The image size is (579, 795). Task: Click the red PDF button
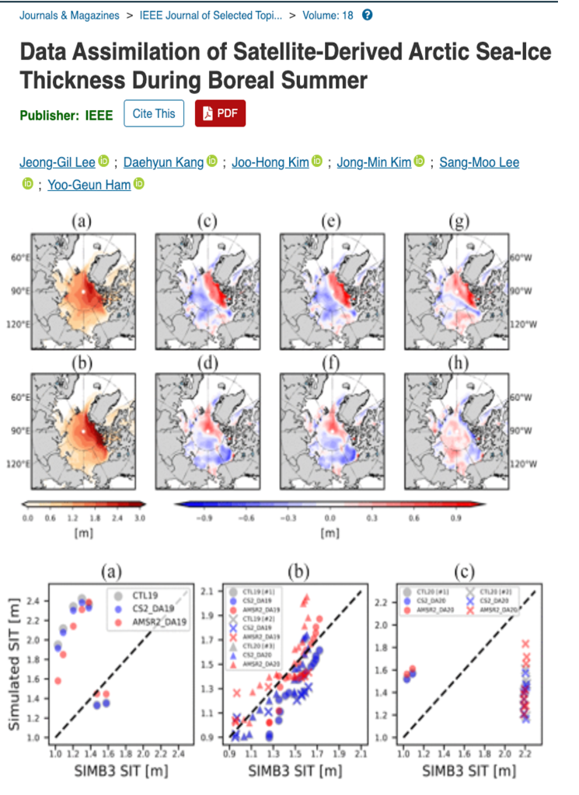coord(220,113)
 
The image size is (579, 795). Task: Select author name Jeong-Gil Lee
coord(58,162)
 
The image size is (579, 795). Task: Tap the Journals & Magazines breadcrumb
coord(69,15)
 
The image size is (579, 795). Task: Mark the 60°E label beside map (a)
coord(19,258)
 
